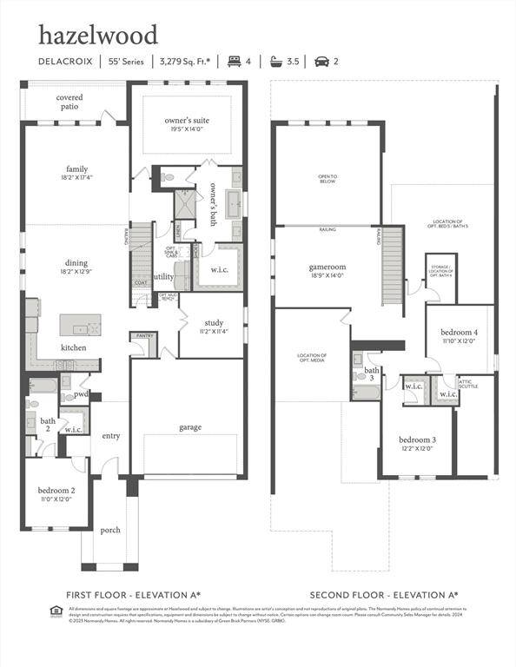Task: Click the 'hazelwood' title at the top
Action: tap(97, 35)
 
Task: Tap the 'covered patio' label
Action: tap(69, 102)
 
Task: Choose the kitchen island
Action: tap(80, 325)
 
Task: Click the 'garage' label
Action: tap(191, 426)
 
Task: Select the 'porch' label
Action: tap(110, 530)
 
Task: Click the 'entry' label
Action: tap(111, 436)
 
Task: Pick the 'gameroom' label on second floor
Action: tap(327, 270)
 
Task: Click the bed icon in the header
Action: tap(233, 62)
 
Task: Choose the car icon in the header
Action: tap(321, 62)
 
